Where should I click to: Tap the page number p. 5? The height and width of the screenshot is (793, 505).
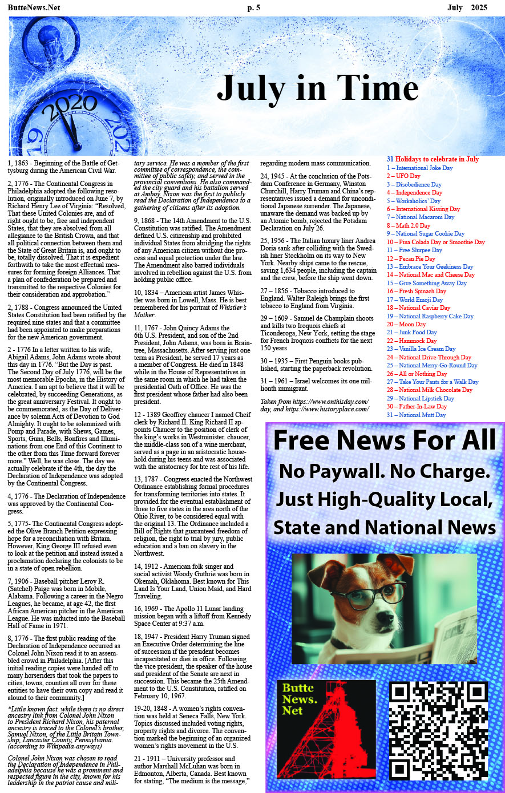tap(253, 7)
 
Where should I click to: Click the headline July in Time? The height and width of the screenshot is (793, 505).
tap(317, 88)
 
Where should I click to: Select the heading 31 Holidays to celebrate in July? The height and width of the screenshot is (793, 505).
tap(433, 159)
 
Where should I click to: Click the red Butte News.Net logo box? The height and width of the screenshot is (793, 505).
tap(326, 730)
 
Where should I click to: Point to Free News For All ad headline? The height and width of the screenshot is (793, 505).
tap(385, 440)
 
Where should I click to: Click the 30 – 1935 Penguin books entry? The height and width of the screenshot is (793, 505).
tap(316, 365)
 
